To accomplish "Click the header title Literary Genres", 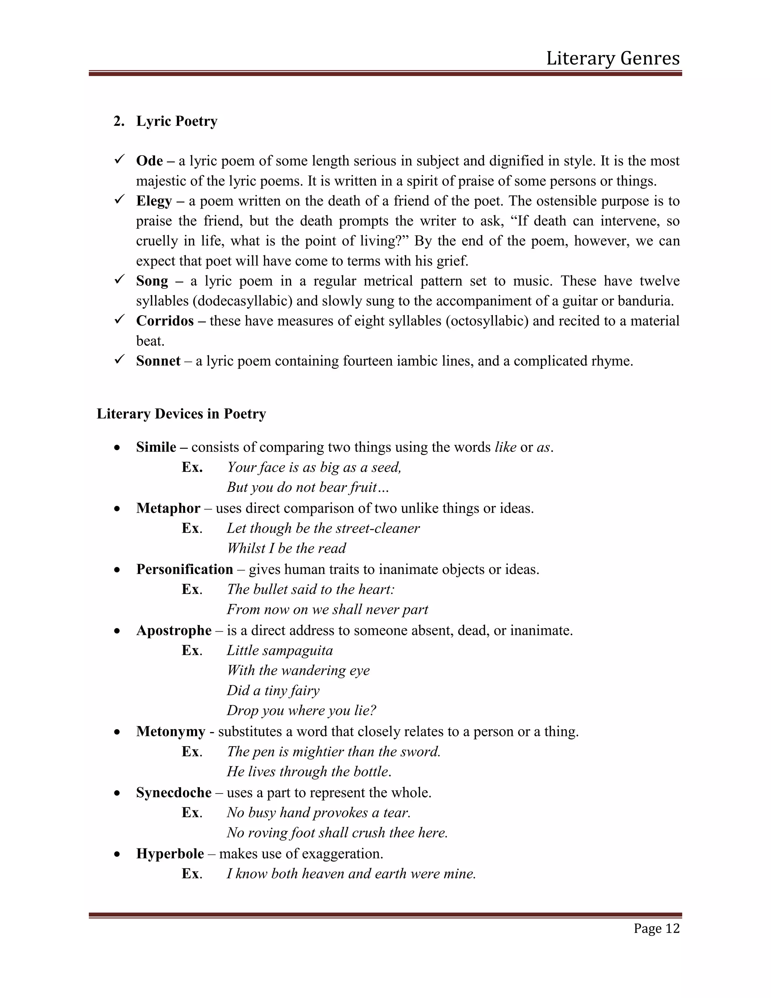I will coord(613,58).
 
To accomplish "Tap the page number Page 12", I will coord(656,928).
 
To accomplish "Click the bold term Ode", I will coord(149,161).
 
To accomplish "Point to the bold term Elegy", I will coord(154,201).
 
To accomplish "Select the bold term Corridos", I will coord(165,321).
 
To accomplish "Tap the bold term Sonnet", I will coord(158,361).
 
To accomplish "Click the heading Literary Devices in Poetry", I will coord(181,414).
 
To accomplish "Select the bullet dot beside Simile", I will coord(117,448).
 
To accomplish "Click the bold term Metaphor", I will coord(168,508).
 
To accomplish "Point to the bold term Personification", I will coord(184,569).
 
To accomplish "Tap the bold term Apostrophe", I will coord(174,630).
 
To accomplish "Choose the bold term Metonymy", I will coord(171,732).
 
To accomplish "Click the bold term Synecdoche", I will coord(174,793).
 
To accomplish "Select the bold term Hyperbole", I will coord(170,854).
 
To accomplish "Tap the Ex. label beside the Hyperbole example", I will coord(192,874).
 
